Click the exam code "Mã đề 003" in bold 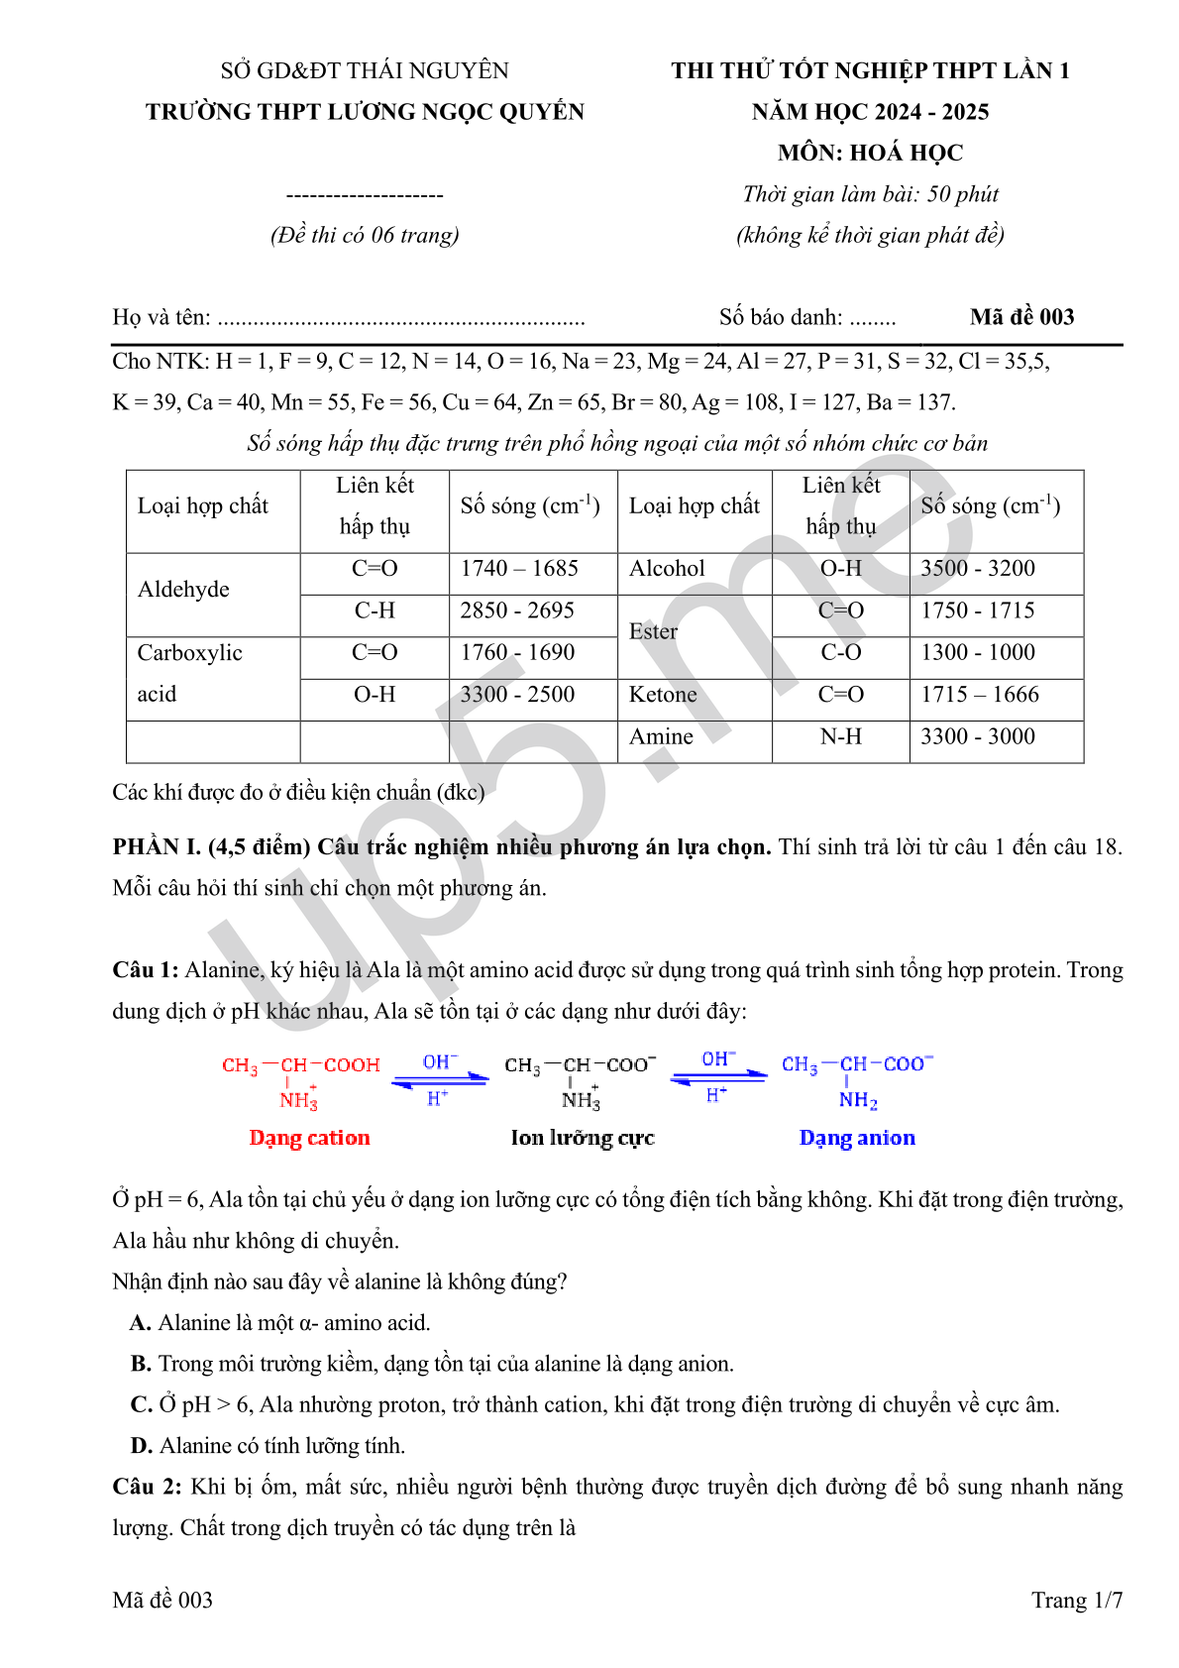click(1021, 317)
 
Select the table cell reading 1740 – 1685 click(519, 569)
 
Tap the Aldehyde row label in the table click(183, 590)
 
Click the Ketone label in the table click(663, 695)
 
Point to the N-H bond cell click(840, 737)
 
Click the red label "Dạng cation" click(309, 1138)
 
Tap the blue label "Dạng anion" click(857, 1138)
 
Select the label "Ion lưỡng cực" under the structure click(583, 1138)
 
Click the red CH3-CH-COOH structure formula click(301, 1065)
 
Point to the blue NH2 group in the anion click(858, 1100)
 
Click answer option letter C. click(141, 1405)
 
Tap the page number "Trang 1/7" click(1076, 1600)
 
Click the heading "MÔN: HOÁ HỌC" click(870, 153)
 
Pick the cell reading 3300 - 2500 click(517, 695)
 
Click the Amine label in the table click(661, 737)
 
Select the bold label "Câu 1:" click(146, 970)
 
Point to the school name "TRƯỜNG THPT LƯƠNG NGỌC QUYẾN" click(365, 112)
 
